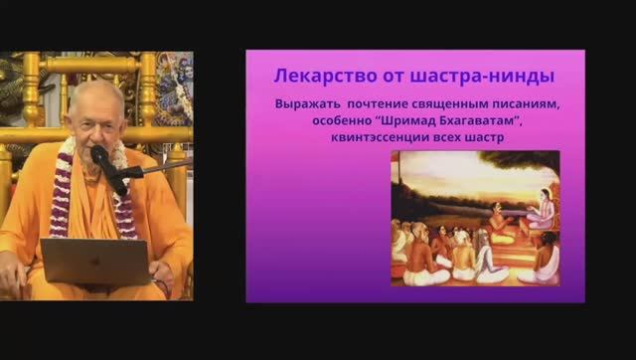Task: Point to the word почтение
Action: point(377,104)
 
